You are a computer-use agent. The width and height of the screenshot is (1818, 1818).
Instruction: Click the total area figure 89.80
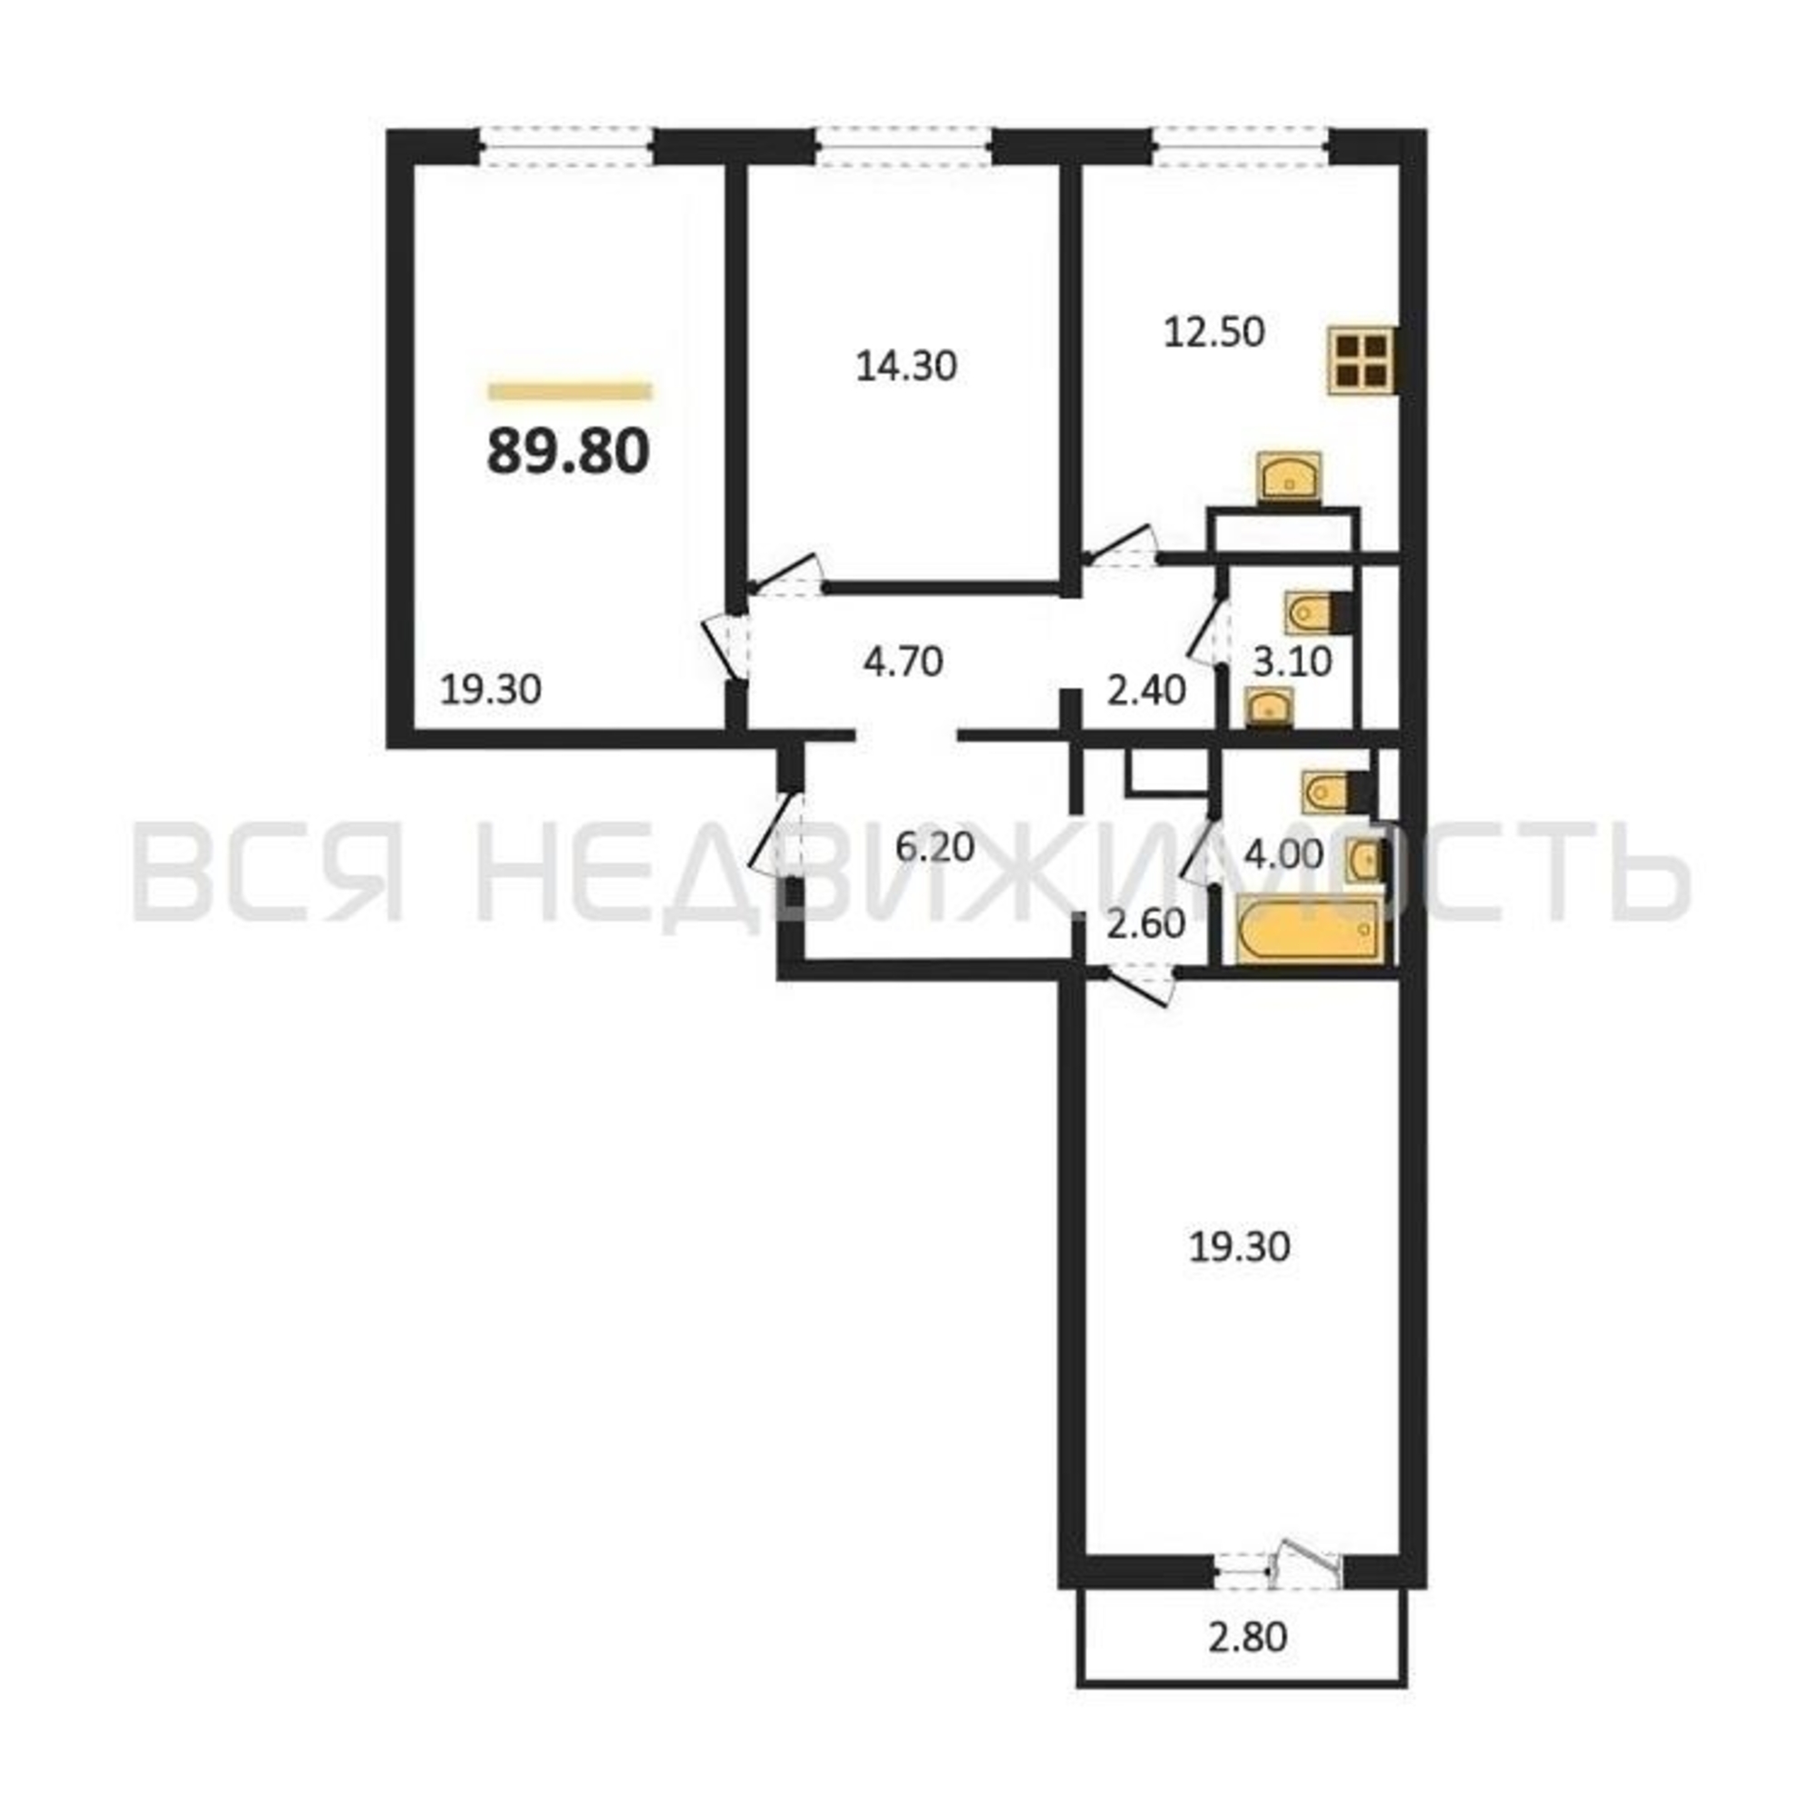[568, 452]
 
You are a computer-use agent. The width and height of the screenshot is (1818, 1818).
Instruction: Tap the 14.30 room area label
[906, 366]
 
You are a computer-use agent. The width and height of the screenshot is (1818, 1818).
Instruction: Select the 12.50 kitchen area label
[1214, 332]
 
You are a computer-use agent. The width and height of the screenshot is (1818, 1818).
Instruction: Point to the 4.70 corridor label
[903, 662]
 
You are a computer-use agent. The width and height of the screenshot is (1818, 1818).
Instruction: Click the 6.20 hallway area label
[934, 848]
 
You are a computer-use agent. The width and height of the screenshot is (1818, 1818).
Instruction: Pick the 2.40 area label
[1145, 691]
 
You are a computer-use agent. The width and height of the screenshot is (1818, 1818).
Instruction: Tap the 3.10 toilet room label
[1293, 662]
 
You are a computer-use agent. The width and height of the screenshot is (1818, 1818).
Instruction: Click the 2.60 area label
[1145, 924]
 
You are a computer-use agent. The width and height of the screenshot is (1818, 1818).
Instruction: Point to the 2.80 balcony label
[1247, 1637]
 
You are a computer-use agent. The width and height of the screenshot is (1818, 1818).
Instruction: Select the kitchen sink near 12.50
[1289, 477]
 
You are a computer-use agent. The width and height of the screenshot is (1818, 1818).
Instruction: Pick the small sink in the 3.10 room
[1268, 705]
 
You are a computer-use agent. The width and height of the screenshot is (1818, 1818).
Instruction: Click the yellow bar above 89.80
[569, 391]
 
